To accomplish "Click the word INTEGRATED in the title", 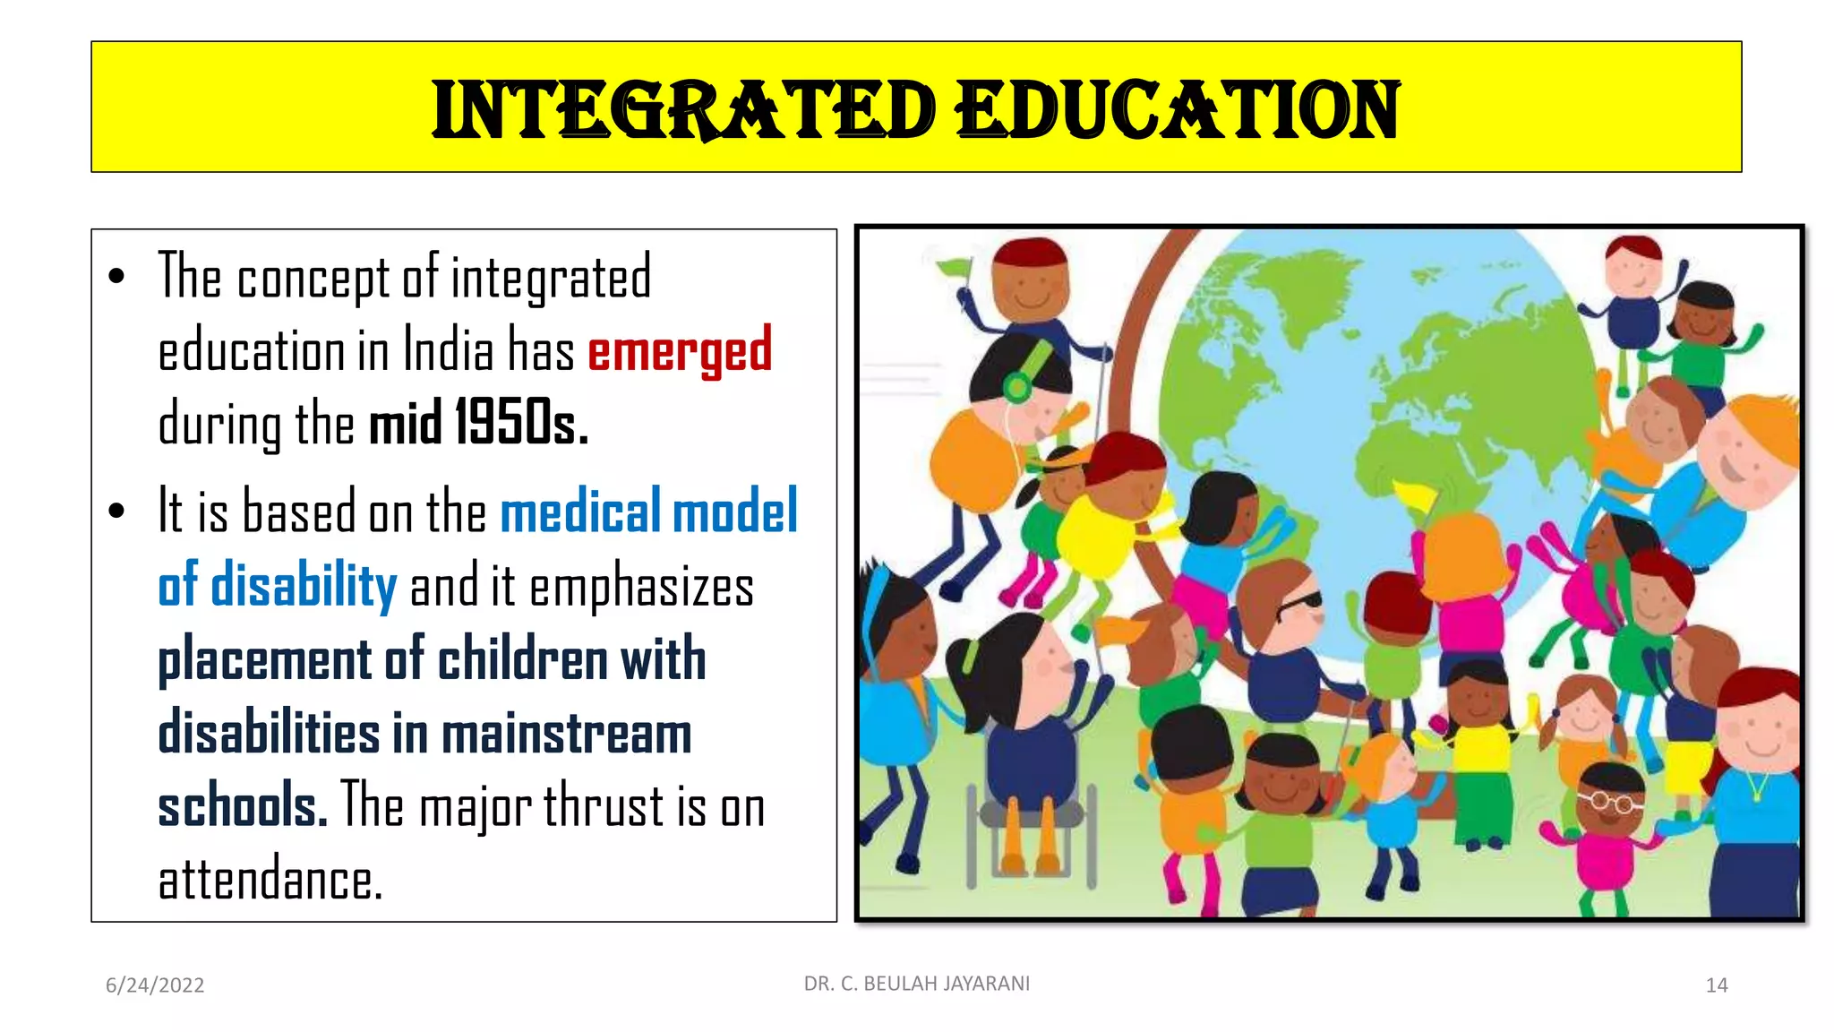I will click(684, 110).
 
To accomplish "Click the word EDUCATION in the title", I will click(1177, 110).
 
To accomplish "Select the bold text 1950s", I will click(522, 423).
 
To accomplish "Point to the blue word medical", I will click(580, 512).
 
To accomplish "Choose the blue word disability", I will click(304, 586).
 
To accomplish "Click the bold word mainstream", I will click(566, 733).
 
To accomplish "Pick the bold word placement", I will click(264, 659).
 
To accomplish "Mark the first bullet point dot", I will click(116, 277).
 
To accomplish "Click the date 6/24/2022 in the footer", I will click(155, 985).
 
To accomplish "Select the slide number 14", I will click(1716, 985).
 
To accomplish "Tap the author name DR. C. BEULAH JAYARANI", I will click(917, 984).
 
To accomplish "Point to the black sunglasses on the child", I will click(1298, 605).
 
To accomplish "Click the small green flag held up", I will click(955, 267).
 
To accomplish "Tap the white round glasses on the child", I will click(1609, 800).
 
